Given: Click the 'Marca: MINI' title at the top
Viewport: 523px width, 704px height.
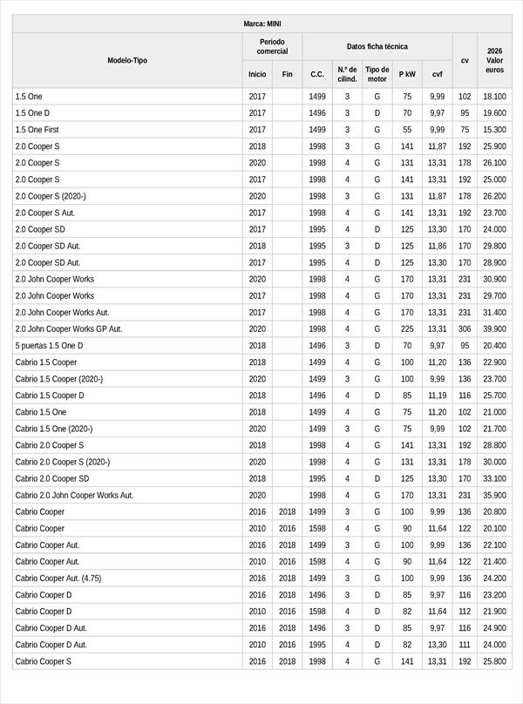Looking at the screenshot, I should click(x=261, y=24).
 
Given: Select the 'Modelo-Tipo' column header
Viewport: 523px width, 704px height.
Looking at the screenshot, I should click(x=127, y=60).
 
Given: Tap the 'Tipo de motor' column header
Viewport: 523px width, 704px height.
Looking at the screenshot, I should click(x=377, y=74).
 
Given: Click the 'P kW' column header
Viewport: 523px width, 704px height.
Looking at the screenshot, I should click(x=407, y=75).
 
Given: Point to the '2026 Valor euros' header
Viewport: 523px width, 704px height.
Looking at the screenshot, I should click(x=494, y=60).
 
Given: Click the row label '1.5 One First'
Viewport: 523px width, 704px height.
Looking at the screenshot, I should click(x=37, y=130).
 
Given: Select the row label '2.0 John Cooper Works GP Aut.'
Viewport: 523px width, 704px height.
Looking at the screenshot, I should click(x=69, y=329).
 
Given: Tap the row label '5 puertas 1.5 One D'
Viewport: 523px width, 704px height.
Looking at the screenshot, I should click(x=50, y=346).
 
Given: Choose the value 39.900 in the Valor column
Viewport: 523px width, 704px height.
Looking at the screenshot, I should click(x=494, y=329).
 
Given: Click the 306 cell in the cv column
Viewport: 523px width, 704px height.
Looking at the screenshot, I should click(x=465, y=329).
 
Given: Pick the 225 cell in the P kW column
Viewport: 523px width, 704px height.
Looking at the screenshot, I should click(x=407, y=329).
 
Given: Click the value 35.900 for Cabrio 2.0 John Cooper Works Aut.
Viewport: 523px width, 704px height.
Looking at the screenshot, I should click(x=494, y=495).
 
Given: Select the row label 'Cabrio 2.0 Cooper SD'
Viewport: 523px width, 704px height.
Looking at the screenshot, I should click(x=52, y=478).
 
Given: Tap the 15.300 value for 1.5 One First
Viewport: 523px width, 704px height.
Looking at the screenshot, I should click(x=494, y=130).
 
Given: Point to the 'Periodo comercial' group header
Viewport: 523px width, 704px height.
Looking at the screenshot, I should click(x=273, y=46).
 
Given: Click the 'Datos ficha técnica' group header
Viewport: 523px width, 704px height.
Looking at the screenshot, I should click(x=377, y=46).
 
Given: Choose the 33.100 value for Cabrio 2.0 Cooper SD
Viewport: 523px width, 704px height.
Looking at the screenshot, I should click(x=494, y=478).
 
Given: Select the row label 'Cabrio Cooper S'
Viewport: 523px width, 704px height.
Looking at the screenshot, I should click(x=44, y=661).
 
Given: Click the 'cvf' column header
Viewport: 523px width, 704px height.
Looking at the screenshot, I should click(x=437, y=75).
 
